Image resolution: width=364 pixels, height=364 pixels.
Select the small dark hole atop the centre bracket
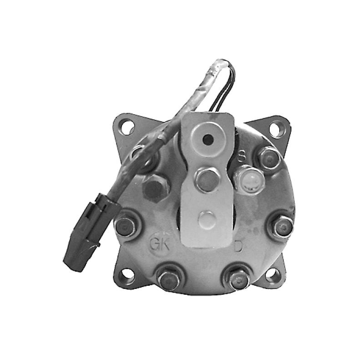coord(208,140)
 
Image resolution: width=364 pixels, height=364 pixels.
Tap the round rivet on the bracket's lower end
coord(207,219)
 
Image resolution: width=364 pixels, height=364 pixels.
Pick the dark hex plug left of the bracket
coord(155,187)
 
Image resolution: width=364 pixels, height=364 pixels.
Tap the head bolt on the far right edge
coord(282,225)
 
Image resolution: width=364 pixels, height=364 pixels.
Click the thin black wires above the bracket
coord(226,91)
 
